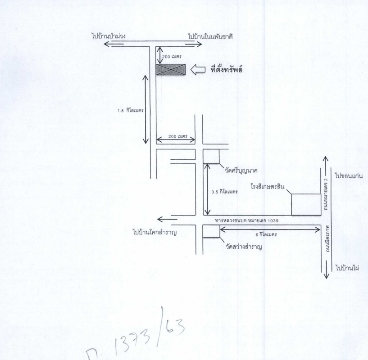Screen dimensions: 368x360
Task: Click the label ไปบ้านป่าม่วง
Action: pyautogui.click(x=109, y=36)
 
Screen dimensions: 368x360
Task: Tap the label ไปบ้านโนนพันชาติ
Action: pyautogui.click(x=210, y=36)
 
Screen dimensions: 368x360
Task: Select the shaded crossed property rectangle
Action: pyautogui.click(x=171, y=70)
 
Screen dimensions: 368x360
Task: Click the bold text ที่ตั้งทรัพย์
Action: pyautogui.click(x=226, y=69)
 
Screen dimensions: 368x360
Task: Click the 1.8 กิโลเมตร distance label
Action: pyautogui.click(x=131, y=110)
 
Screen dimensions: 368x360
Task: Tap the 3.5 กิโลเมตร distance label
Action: pyautogui.click(x=225, y=192)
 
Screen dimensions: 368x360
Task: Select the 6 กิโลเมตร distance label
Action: pyautogui.click(x=266, y=234)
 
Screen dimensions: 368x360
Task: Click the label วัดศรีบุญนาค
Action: pyautogui.click(x=241, y=171)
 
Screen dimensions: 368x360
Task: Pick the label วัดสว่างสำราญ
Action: pyautogui.click(x=244, y=247)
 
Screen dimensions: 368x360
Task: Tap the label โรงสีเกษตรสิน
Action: pyautogui.click(x=267, y=187)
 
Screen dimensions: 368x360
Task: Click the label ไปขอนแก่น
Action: pyautogui.click(x=349, y=176)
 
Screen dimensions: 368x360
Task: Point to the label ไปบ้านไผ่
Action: pyautogui.click(x=347, y=268)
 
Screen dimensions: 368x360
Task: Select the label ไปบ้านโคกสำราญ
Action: pyautogui.click(x=154, y=232)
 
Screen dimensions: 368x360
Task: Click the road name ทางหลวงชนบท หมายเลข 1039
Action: pyautogui.click(x=247, y=220)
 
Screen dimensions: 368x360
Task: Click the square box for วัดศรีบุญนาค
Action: pyautogui.click(x=211, y=156)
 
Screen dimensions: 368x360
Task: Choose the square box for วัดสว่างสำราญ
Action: pyautogui.click(x=211, y=231)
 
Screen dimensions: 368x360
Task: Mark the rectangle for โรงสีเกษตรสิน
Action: pyautogui.click(x=306, y=204)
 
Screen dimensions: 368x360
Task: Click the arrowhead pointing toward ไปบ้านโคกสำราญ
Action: pyautogui.click(x=160, y=220)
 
